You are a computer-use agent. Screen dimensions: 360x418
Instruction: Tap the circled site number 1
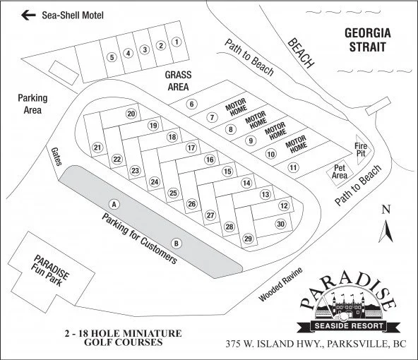177,42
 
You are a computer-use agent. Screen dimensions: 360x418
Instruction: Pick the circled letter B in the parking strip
177,244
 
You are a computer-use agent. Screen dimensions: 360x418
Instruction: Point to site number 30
280,224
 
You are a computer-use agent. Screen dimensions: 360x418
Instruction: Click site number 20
131,114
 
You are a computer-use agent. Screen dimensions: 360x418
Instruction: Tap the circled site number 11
294,167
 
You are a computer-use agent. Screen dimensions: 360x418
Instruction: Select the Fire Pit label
361,150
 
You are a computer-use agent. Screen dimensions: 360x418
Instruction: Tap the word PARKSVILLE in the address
358,345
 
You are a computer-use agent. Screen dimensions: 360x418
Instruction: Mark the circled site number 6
191,104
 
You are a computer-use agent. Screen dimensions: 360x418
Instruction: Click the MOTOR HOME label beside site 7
235,109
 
